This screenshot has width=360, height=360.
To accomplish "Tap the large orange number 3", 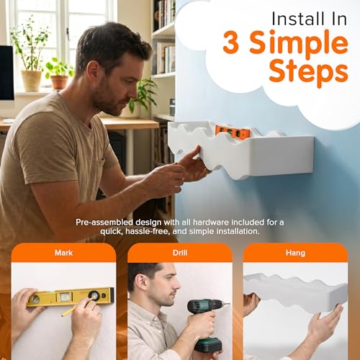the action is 231,42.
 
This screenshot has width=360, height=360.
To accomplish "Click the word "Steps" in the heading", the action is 308,72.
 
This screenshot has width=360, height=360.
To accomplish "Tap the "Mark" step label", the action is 63,253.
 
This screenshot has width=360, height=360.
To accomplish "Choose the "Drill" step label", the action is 180,253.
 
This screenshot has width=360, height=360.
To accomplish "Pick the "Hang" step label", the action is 295,253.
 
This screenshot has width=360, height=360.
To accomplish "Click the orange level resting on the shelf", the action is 233,132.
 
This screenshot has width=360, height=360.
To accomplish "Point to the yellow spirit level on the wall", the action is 70,297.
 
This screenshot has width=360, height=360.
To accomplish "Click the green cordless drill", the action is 205,323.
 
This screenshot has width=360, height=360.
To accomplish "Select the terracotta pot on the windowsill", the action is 59,82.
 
